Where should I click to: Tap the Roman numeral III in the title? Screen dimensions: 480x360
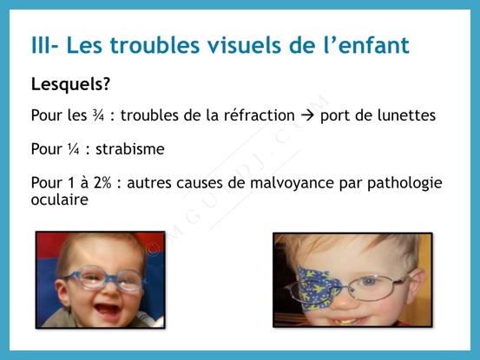point(42,45)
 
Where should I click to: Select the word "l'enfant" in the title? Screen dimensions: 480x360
point(366,45)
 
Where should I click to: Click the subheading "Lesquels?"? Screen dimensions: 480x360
point(70,84)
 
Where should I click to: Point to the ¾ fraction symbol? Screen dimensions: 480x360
point(99,115)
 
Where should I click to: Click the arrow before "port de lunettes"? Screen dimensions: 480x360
point(307,116)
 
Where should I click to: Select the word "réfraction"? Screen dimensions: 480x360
point(260,115)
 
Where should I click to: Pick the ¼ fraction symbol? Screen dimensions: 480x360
point(74,149)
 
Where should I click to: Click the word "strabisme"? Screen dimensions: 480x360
point(130,149)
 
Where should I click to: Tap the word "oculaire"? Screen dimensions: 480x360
point(60,200)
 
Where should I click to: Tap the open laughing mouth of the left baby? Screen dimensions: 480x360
point(107,311)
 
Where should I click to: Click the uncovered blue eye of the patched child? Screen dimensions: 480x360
point(369,281)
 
